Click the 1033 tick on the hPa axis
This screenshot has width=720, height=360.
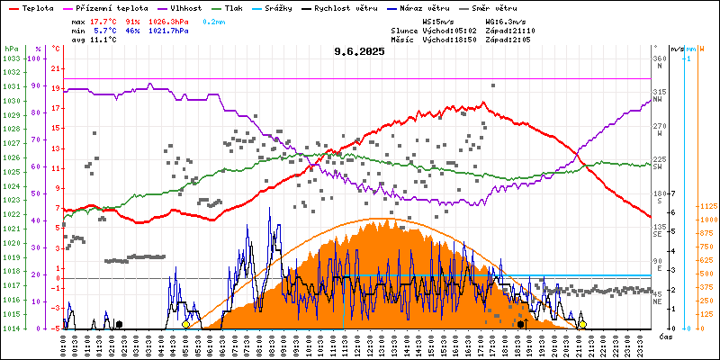tap(11, 58)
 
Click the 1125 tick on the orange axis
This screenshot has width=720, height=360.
tap(706, 206)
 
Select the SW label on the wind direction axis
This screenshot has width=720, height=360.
tap(659, 166)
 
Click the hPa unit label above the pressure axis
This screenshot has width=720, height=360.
tap(11, 48)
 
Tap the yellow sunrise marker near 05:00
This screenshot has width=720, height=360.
tap(185, 324)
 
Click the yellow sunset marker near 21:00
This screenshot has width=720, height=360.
tap(582, 324)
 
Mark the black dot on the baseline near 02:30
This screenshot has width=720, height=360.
tap(119, 324)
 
